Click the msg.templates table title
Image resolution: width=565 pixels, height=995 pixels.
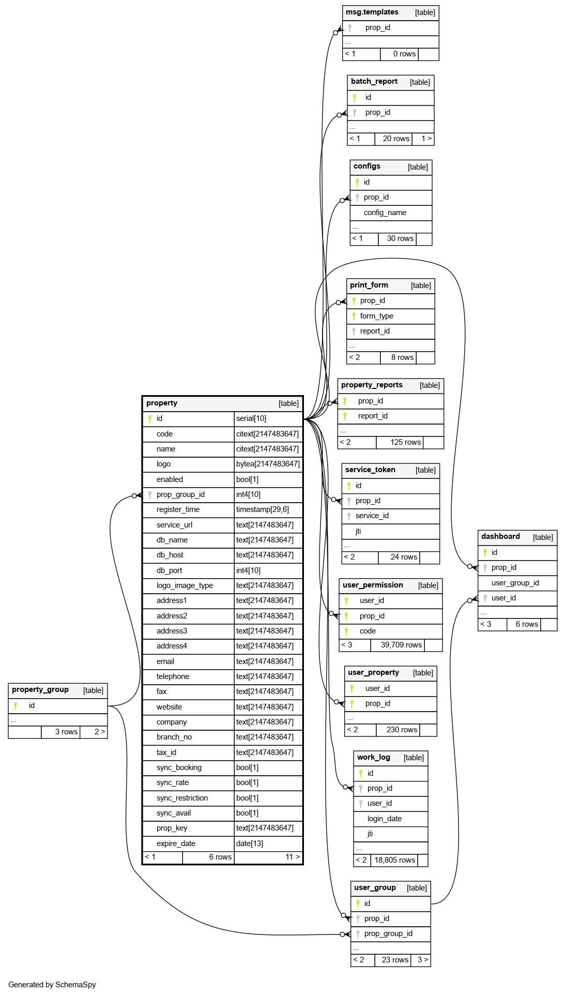(x=372, y=12)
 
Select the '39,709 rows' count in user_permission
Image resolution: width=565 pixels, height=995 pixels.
(x=401, y=645)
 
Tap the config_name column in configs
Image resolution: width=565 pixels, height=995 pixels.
(x=385, y=213)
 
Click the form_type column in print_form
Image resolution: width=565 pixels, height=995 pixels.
(x=376, y=316)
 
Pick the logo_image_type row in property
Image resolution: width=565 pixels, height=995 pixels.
(x=185, y=585)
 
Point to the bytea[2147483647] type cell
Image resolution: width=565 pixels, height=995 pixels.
(x=268, y=464)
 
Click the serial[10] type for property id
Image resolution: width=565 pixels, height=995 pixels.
(x=251, y=418)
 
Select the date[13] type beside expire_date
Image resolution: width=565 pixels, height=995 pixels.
(x=250, y=843)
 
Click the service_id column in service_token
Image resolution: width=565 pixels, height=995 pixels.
(x=372, y=516)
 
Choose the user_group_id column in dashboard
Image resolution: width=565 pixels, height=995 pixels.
(x=515, y=583)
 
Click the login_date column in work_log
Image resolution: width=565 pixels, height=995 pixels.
(x=384, y=819)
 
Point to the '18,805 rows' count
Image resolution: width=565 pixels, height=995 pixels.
(x=394, y=860)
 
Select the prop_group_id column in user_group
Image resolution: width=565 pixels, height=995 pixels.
(x=388, y=933)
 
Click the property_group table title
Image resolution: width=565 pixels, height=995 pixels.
(x=40, y=690)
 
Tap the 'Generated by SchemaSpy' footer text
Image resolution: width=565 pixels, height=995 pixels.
(x=52, y=985)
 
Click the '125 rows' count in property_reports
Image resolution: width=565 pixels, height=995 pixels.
(x=405, y=442)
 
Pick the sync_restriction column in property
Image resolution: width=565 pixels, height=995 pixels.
(x=182, y=798)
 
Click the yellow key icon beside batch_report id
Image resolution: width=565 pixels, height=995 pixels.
(x=355, y=97)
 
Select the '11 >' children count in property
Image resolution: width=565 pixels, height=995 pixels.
(x=293, y=857)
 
